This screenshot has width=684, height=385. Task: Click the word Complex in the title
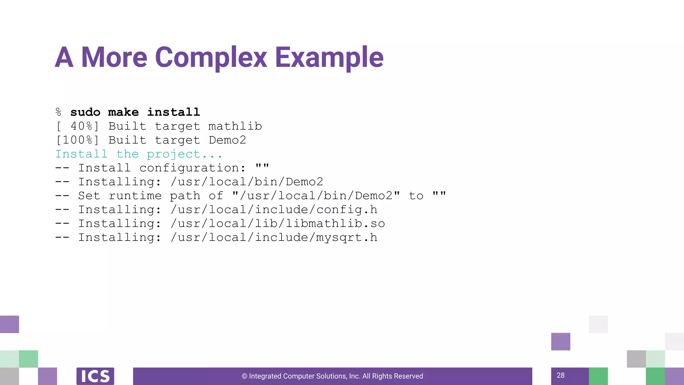pyautogui.click(x=211, y=57)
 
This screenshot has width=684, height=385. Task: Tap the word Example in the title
pyautogui.click(x=329, y=57)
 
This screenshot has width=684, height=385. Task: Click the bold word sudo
pyautogui.click(x=85, y=112)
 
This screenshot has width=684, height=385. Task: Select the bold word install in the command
pyautogui.click(x=174, y=112)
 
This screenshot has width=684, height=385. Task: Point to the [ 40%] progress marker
pyautogui.click(x=77, y=126)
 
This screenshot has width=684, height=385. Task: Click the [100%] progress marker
pyautogui.click(x=77, y=140)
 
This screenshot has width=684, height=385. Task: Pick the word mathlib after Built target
pyautogui.click(x=235, y=126)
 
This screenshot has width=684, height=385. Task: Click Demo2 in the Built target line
pyautogui.click(x=227, y=140)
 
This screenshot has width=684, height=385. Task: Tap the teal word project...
pyautogui.click(x=173, y=154)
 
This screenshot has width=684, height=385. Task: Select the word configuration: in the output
pyautogui.click(x=192, y=168)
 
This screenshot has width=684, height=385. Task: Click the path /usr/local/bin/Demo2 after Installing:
pyautogui.click(x=247, y=182)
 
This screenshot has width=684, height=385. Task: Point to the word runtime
pyautogui.click(x=135, y=196)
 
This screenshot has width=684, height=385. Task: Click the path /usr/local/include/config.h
pyautogui.click(x=274, y=210)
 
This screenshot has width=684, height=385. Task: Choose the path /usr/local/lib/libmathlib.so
pyautogui.click(x=278, y=224)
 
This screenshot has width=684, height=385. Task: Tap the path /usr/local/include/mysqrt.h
pyautogui.click(x=274, y=237)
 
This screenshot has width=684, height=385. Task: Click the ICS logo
pyautogui.click(x=95, y=376)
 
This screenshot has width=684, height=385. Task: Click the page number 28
pyautogui.click(x=560, y=375)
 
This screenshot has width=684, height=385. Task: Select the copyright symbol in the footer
pyautogui.click(x=244, y=376)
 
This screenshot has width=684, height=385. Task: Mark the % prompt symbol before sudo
pyautogui.click(x=59, y=112)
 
